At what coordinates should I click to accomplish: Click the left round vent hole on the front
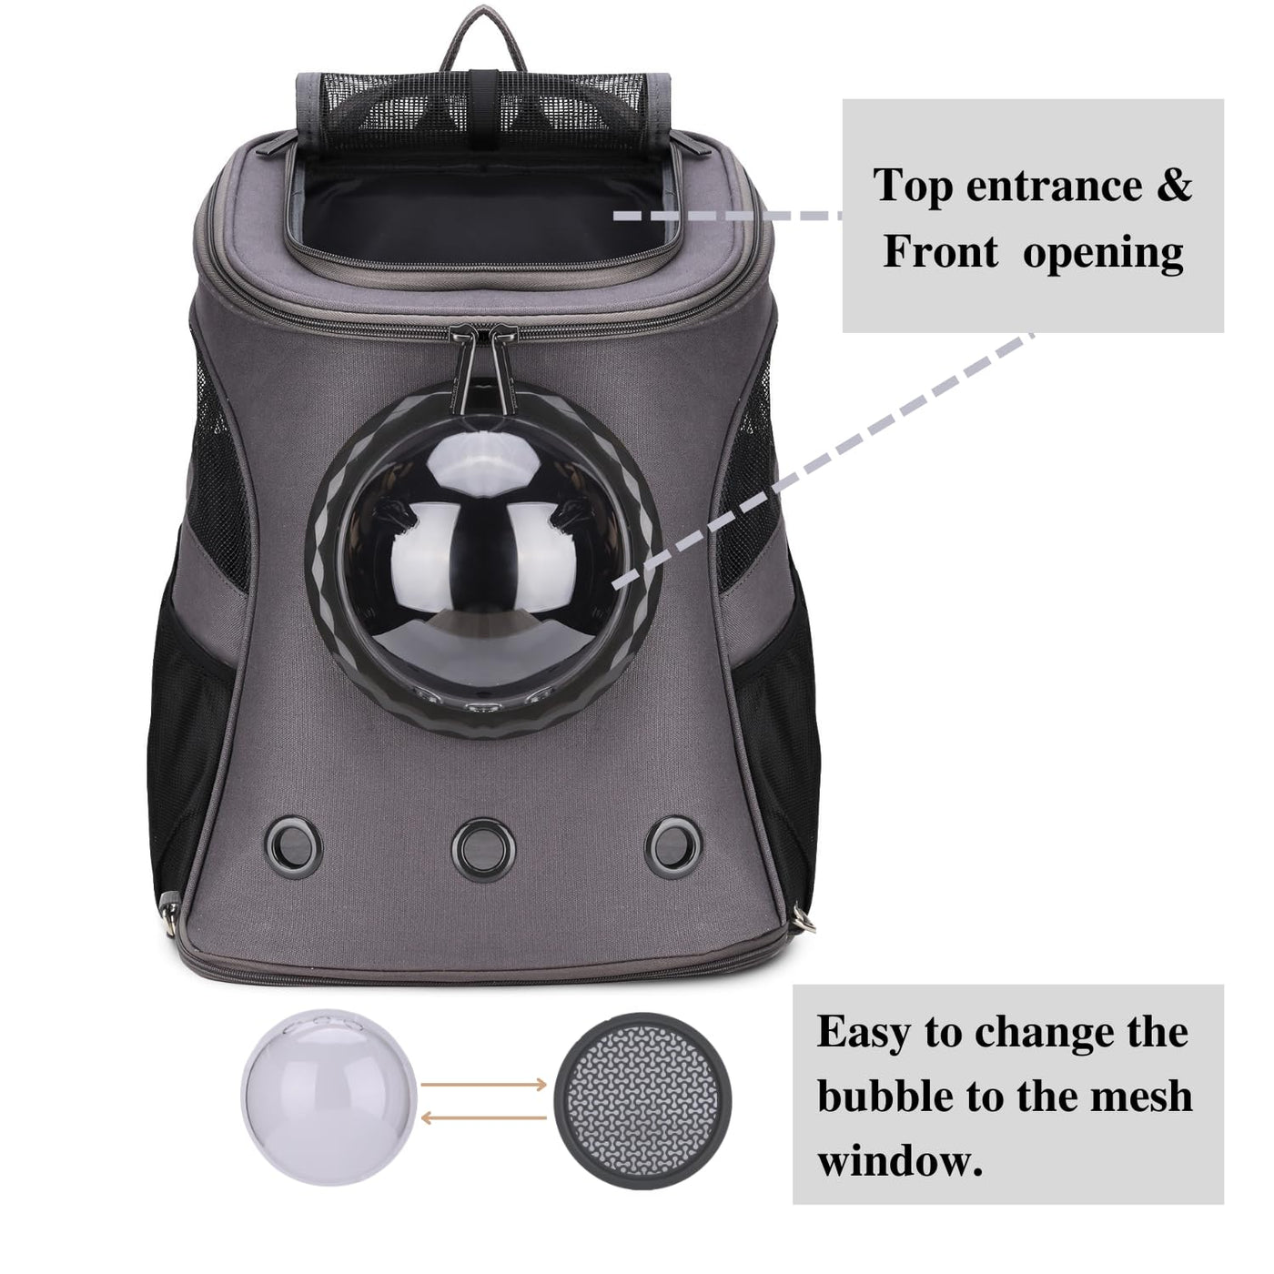292,847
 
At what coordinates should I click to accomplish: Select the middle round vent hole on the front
482,849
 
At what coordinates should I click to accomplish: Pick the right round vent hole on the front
673,847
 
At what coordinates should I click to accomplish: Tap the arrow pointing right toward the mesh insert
483,1084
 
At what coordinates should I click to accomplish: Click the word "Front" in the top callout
941,252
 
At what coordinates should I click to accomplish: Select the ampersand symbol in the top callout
1174,186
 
